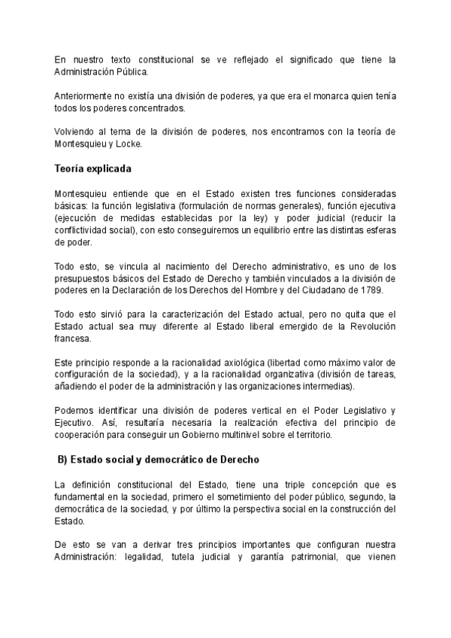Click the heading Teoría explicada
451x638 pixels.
pyautogui.click(x=93, y=168)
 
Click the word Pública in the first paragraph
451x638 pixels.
pyautogui.click(x=131, y=71)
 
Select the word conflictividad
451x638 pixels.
pyautogui.click(x=86, y=230)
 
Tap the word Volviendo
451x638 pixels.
pyautogui.click(x=77, y=132)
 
